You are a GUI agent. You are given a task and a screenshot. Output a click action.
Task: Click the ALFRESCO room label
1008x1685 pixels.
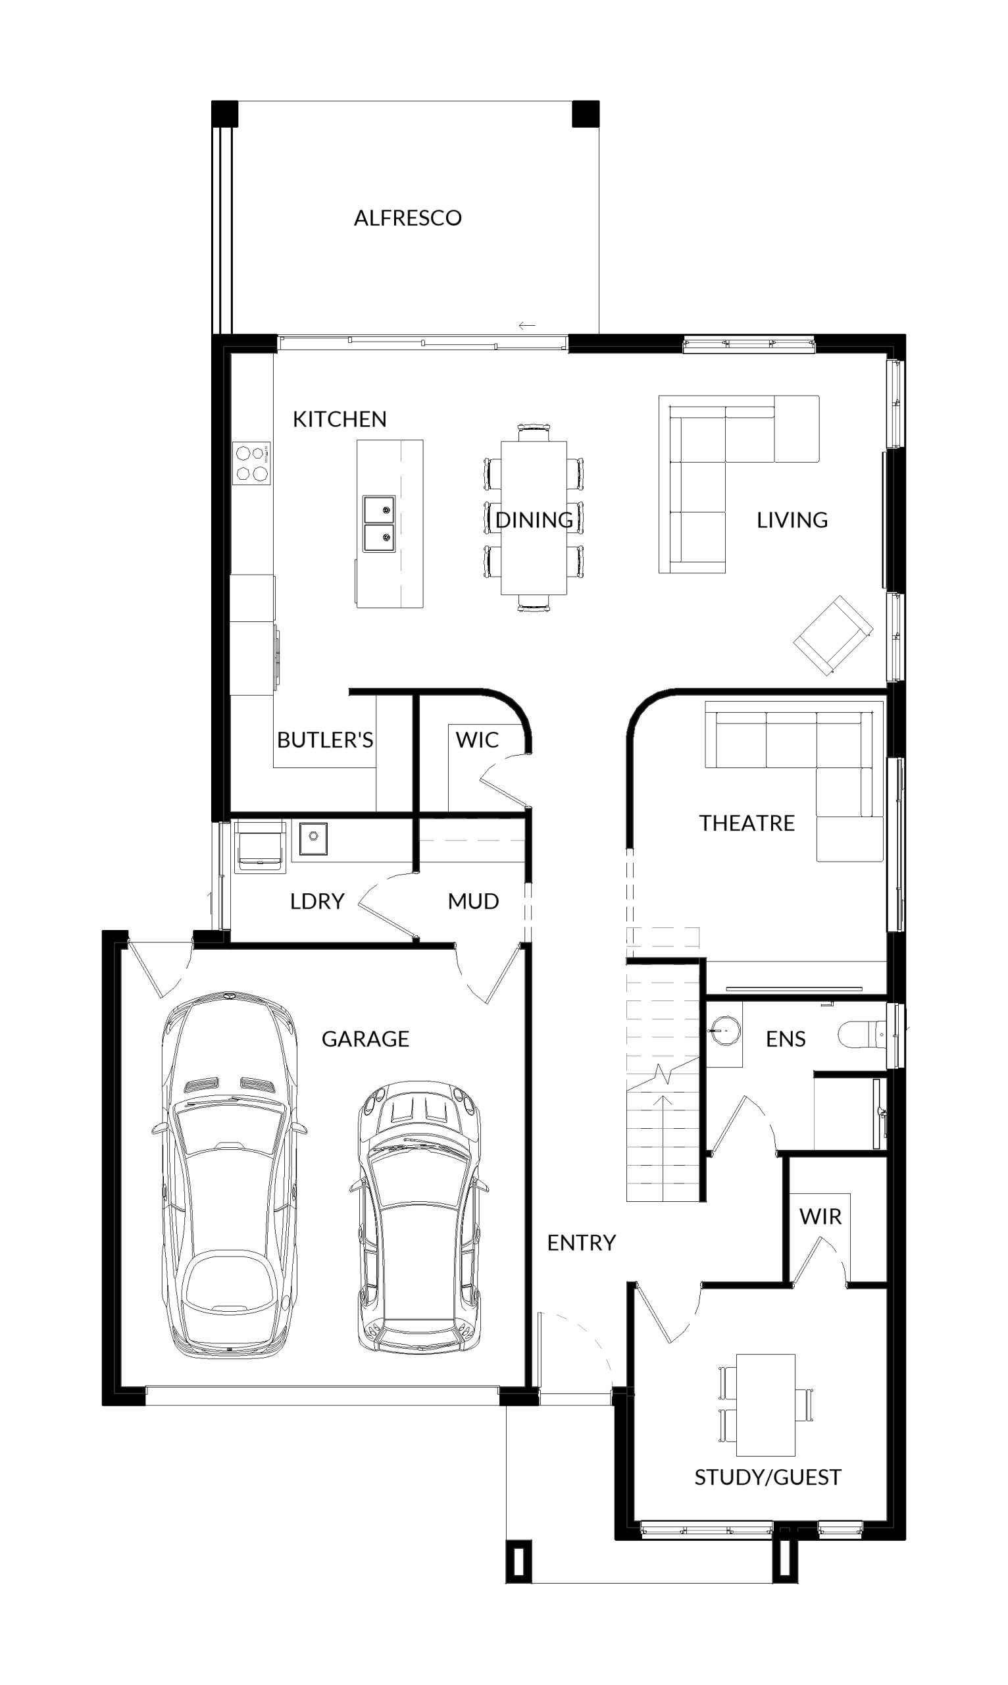point(407,218)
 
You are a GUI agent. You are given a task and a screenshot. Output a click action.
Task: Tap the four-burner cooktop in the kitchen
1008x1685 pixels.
point(251,463)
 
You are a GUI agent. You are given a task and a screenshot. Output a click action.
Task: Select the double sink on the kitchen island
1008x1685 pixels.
point(378,523)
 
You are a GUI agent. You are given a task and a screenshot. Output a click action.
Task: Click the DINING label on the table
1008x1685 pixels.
point(534,520)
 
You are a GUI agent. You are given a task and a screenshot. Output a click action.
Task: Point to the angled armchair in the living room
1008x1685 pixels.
point(834,635)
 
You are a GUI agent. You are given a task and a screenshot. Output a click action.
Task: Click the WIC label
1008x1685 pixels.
point(477,740)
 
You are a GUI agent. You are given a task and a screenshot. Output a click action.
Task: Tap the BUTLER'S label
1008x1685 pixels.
point(324,740)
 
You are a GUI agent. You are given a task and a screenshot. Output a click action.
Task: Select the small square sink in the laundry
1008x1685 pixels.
point(313,839)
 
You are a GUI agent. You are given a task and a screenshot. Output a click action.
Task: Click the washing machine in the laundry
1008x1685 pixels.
point(259,846)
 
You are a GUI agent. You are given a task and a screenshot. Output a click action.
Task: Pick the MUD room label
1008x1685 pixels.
point(474,902)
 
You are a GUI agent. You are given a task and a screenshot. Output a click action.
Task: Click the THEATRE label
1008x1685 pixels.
point(747,823)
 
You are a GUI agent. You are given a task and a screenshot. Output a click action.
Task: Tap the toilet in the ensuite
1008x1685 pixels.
point(863,1035)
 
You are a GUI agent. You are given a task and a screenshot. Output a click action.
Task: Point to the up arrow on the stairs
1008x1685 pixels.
point(663,1149)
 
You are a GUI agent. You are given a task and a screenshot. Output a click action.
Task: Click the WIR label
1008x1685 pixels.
point(820,1216)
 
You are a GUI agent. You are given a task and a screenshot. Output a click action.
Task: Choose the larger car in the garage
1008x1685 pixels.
point(229,1176)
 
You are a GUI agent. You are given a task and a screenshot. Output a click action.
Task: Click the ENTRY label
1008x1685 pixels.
point(582,1243)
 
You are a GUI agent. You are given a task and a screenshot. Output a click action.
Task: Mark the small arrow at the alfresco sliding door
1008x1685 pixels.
point(527,326)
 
